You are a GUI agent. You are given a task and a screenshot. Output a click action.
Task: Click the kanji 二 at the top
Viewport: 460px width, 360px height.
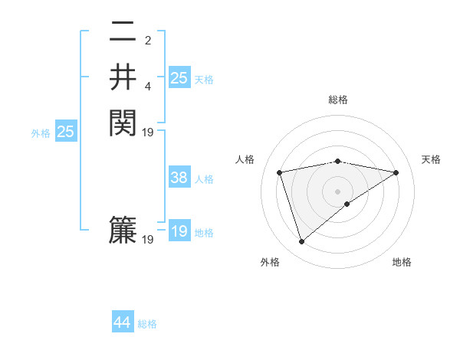(123, 33)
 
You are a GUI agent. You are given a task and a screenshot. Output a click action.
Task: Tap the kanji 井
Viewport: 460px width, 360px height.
(123, 77)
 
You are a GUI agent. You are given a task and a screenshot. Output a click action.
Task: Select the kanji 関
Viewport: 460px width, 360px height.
(123, 122)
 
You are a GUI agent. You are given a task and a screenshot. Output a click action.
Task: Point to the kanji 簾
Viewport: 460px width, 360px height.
(123, 231)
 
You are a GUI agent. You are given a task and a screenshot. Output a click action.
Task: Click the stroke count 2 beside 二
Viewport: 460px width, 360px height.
(148, 41)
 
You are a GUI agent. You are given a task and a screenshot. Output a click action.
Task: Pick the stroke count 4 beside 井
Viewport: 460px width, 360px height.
(148, 86)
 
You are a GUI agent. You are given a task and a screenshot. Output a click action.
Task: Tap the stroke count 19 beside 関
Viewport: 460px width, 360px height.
(148, 132)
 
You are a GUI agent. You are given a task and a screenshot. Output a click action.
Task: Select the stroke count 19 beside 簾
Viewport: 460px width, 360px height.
(148, 240)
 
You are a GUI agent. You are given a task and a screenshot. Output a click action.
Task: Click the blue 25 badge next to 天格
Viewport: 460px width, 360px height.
(179, 77)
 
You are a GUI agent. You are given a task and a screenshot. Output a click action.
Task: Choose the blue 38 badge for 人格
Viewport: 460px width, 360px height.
(179, 178)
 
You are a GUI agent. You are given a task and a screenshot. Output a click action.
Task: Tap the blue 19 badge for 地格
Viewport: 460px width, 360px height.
(179, 231)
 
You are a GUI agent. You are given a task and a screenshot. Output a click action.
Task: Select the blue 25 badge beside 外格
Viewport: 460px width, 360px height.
(66, 132)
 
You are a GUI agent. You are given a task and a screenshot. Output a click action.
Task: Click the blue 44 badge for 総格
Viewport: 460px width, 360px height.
(123, 323)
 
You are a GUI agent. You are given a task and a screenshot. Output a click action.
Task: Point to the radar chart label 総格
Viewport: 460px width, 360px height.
(338, 100)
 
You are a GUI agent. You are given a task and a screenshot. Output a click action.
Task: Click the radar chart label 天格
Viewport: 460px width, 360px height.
(431, 159)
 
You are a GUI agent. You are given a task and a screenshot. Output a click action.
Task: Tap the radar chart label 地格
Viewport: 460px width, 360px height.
(402, 262)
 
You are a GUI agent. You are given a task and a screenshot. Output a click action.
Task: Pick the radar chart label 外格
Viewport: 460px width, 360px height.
(270, 262)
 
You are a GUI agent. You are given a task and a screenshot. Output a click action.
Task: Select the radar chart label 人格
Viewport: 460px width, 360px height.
(245, 159)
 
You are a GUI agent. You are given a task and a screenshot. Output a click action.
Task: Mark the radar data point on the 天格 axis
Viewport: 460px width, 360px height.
(396, 172)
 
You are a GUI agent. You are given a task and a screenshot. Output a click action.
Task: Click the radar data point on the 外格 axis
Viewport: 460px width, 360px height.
(301, 242)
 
